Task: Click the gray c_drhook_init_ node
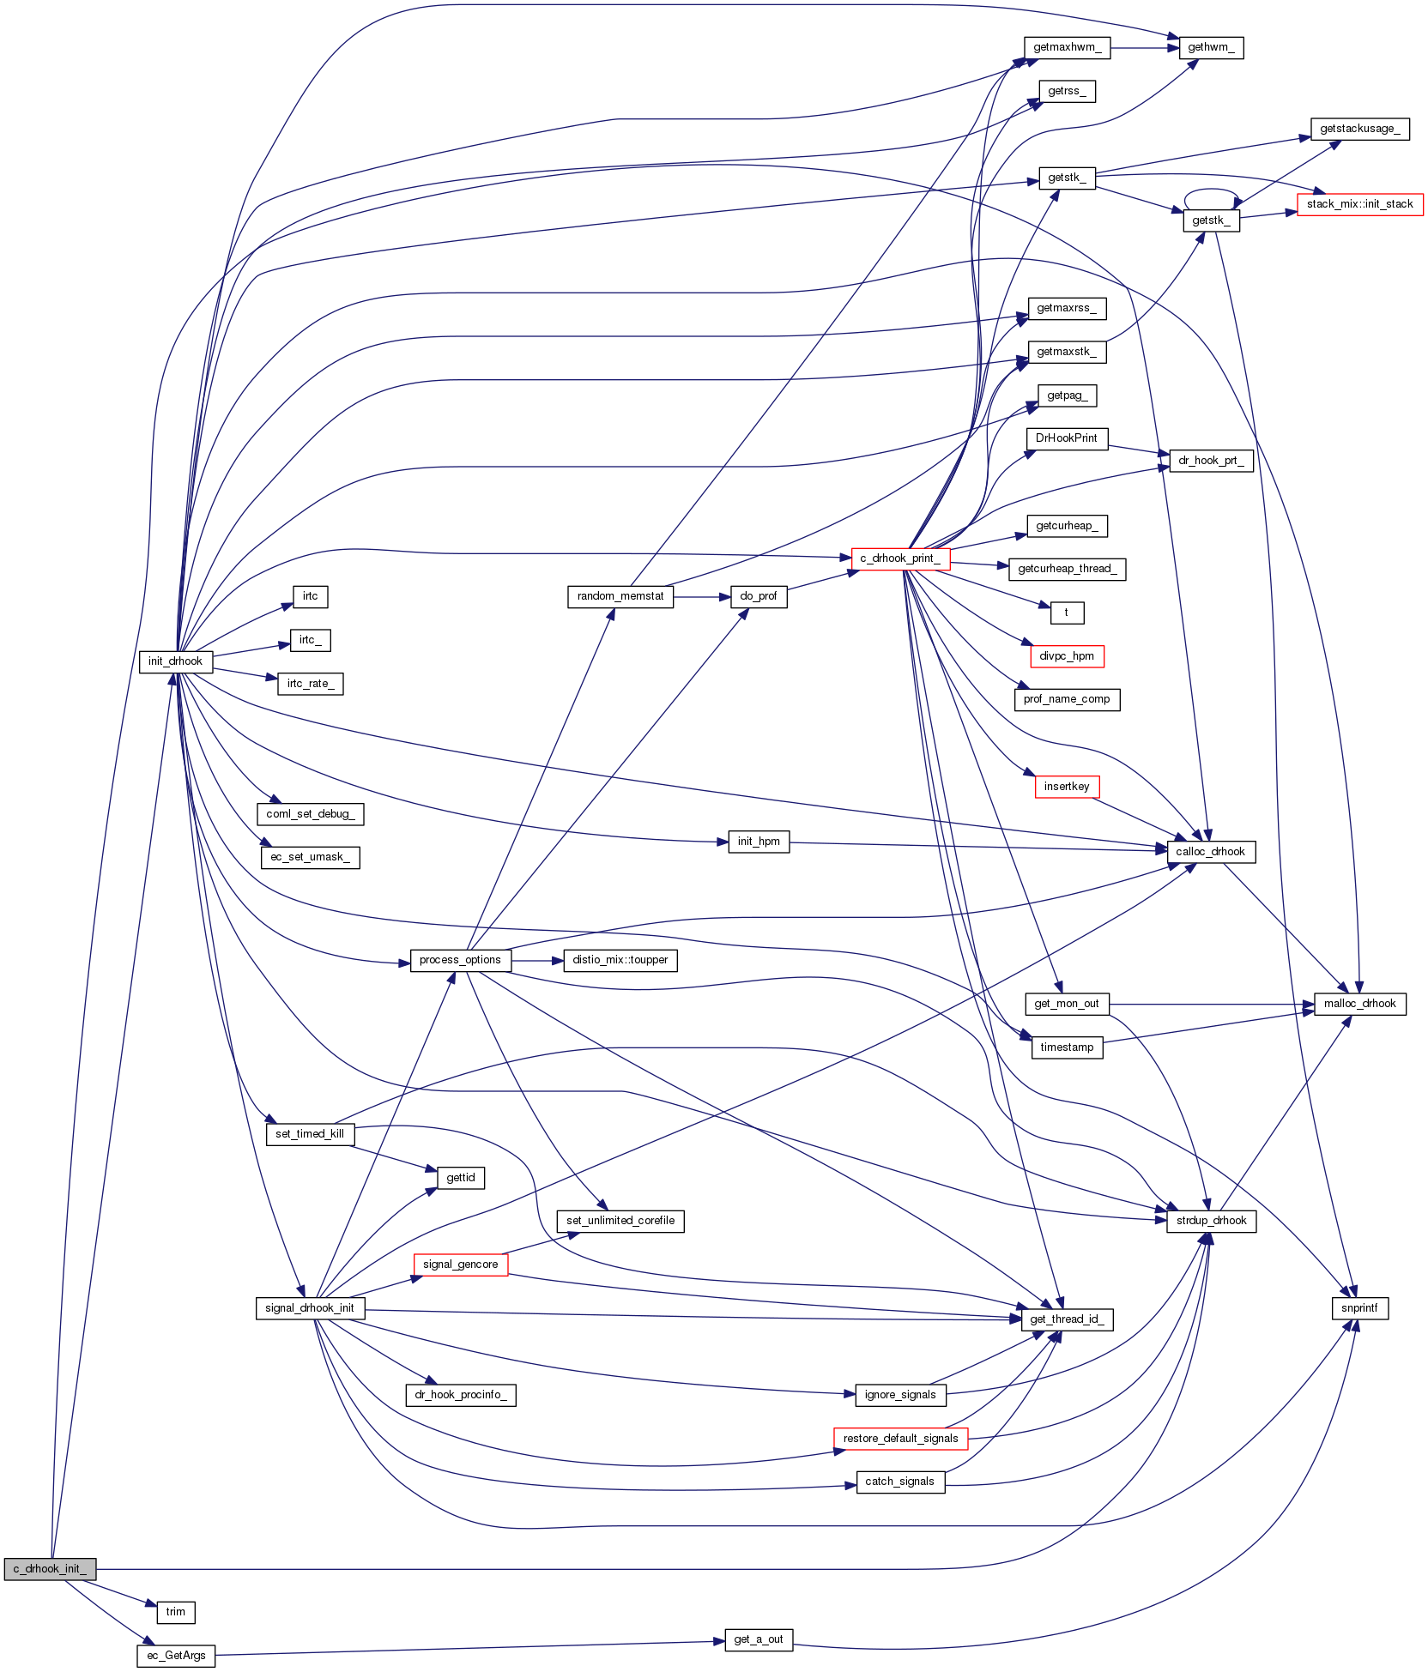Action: coord(50,1569)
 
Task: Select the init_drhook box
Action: coord(175,661)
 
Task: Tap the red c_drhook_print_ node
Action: coord(900,558)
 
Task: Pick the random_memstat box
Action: coord(620,596)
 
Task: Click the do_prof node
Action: coord(759,596)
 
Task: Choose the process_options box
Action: coord(460,960)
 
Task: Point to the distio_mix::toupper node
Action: coord(620,960)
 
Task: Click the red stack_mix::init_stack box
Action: coord(1359,204)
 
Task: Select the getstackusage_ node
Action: coord(1359,129)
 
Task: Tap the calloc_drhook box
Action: coord(1211,852)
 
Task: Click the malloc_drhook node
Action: coord(1359,1004)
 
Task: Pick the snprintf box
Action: coord(1359,1308)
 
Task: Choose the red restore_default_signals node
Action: coord(900,1439)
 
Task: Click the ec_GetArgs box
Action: coord(176,1656)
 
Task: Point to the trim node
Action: coord(176,1612)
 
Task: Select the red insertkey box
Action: coord(1067,787)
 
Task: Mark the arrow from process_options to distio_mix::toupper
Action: coord(537,960)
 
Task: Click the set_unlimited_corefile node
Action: coord(620,1221)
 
